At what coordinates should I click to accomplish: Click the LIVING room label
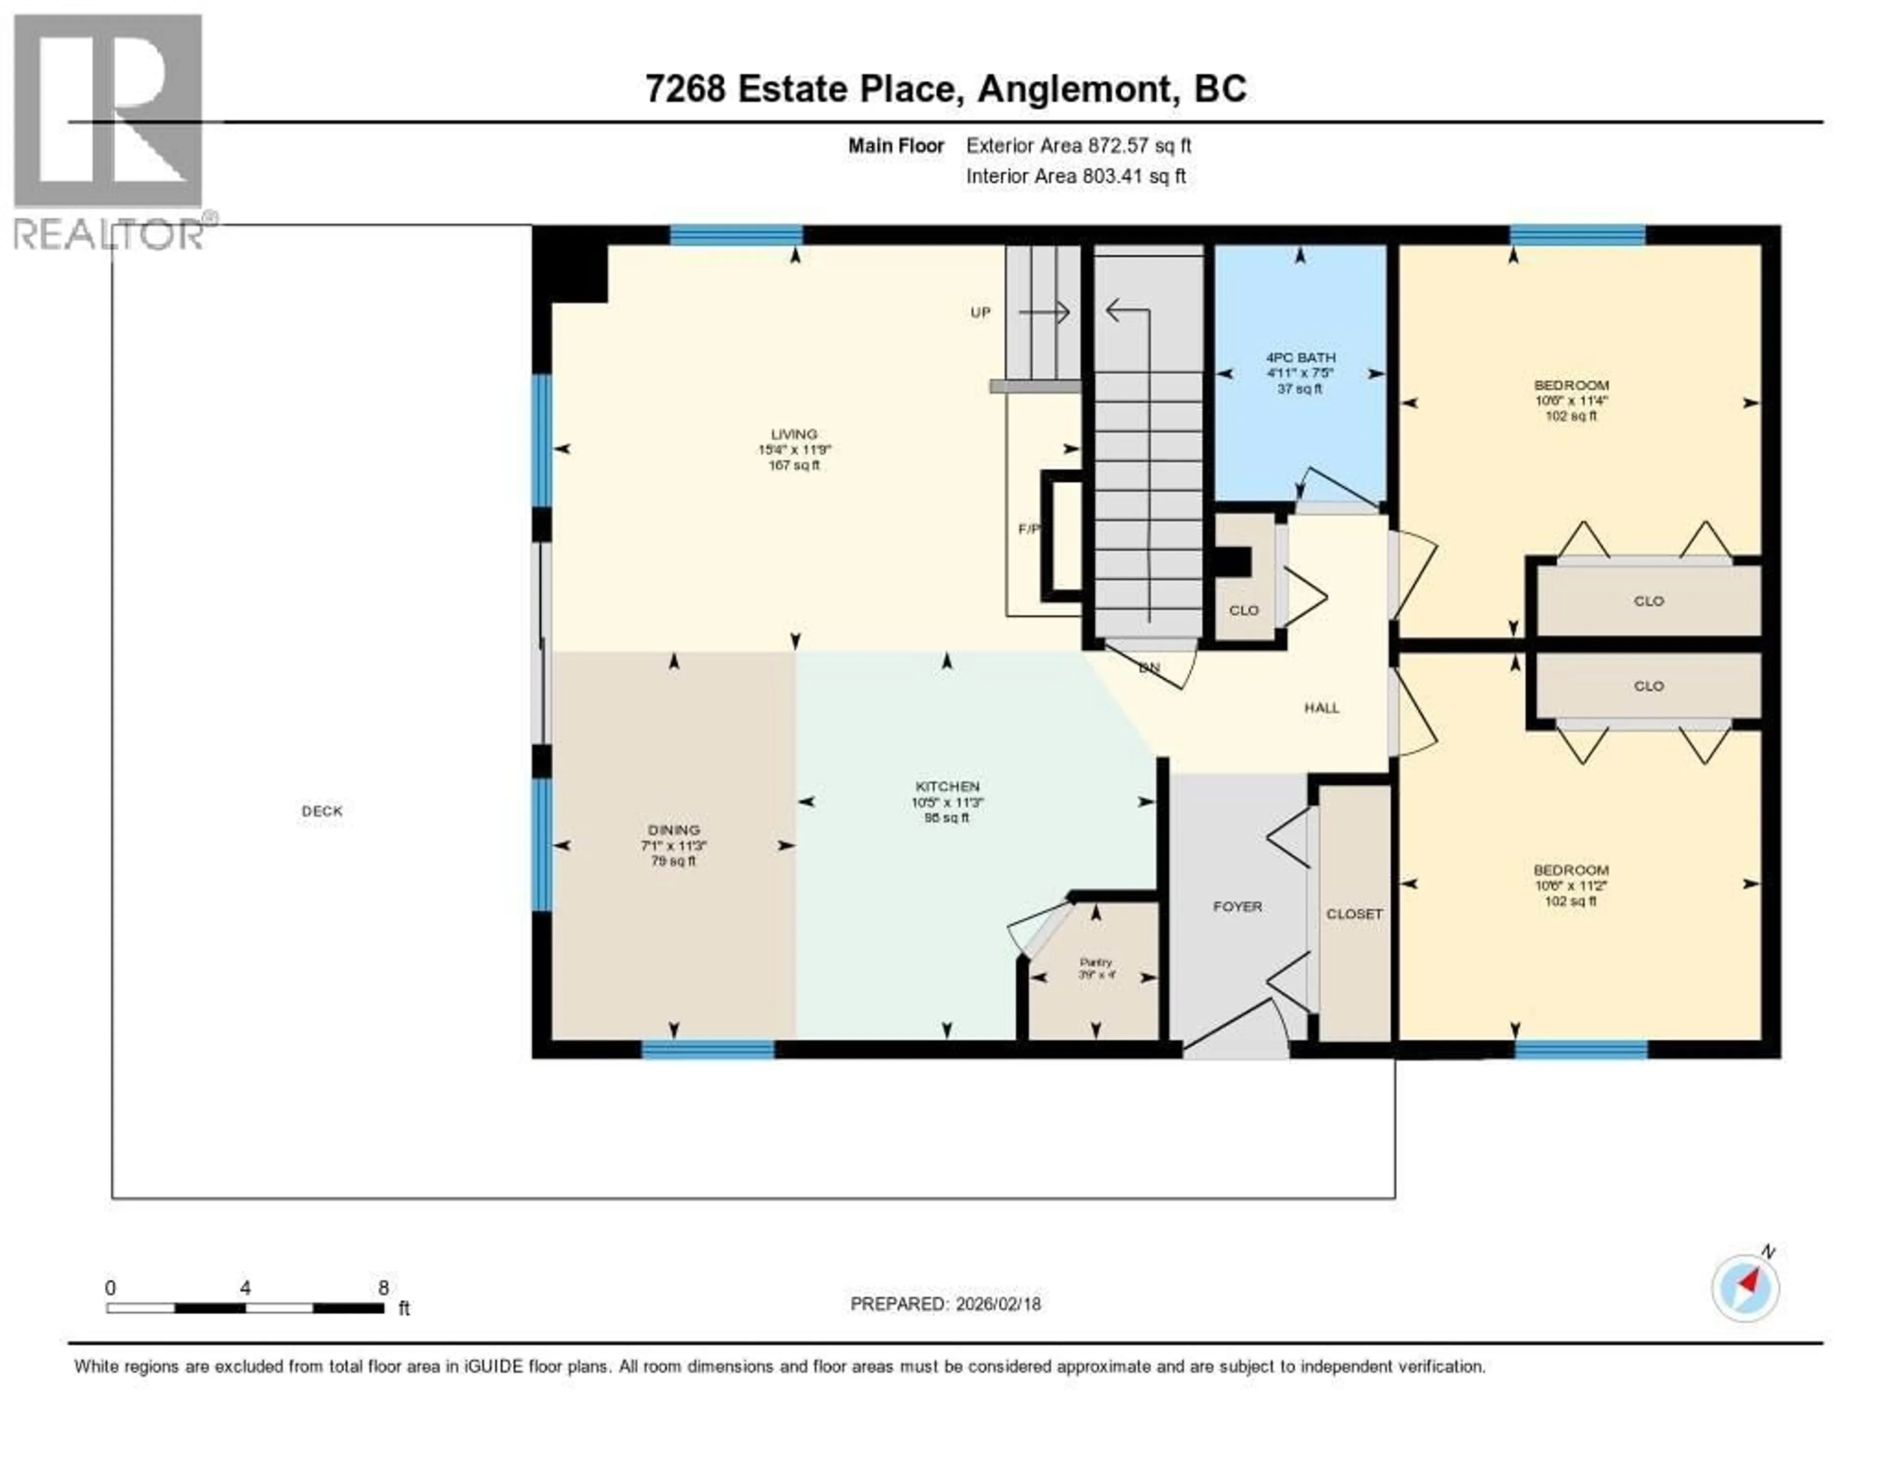click(794, 434)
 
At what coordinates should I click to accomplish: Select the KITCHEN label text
click(947, 786)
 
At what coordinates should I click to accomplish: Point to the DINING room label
click(674, 830)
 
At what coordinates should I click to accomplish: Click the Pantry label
click(1095, 962)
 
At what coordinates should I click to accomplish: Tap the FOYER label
click(1238, 907)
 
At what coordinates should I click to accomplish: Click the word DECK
click(322, 811)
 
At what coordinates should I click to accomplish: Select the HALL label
click(1321, 707)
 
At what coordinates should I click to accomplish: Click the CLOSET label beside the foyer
click(1354, 914)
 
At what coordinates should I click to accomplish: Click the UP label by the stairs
click(980, 313)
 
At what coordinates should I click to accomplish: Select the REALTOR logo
click(109, 130)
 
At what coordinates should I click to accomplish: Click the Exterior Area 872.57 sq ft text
click(1078, 145)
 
